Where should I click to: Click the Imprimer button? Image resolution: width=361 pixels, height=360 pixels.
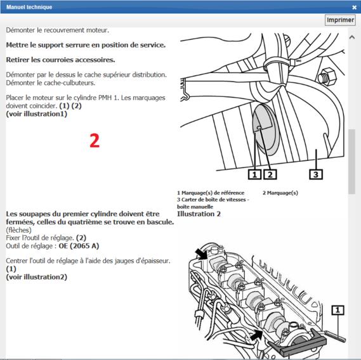coord(340,20)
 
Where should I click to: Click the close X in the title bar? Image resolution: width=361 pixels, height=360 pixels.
coord(354,7)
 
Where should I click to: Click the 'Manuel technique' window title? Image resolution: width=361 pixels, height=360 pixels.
coord(29,7)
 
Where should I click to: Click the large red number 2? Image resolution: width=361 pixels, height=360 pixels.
coord(94,141)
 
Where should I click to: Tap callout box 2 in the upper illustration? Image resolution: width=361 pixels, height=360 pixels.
coord(270,173)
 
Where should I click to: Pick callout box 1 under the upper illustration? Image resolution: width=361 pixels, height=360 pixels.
coord(255,173)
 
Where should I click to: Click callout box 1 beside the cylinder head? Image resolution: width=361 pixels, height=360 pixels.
coord(339,310)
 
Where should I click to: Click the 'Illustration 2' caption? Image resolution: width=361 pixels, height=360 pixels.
coord(199,214)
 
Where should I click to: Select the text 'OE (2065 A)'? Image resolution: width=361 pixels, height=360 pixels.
coord(75,246)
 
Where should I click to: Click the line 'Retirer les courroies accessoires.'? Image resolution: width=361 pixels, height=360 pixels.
coord(60,60)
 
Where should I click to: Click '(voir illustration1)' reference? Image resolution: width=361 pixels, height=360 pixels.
coord(36,114)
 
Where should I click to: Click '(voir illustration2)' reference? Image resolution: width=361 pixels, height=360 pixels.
coord(36,277)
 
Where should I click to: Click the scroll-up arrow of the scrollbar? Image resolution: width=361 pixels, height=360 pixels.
coord(351,37)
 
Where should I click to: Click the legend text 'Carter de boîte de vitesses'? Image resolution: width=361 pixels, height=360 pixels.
coord(216,200)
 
